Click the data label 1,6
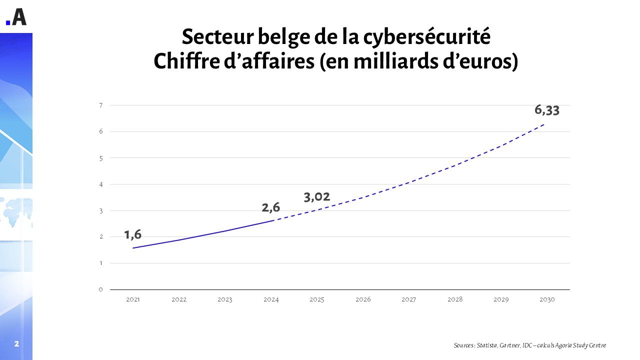133,234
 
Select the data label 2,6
271,207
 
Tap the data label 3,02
317,197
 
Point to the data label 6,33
546,110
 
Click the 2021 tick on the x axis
133,299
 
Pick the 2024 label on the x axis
271,299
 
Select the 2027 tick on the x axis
409,299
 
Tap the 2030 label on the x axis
547,299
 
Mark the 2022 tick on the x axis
179,299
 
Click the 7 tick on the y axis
101,105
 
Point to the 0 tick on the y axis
101,289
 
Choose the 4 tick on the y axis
101,184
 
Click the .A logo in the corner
16,17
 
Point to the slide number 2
16,344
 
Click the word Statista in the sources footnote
488,345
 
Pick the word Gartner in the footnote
512,345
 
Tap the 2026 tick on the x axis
363,299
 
